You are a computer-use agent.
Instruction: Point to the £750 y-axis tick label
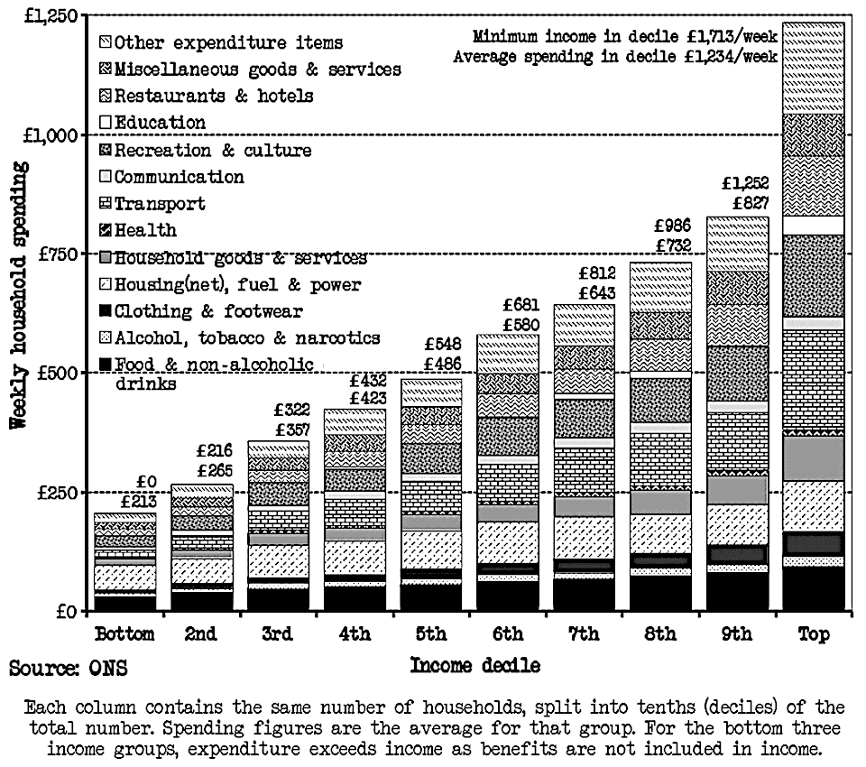click(57, 254)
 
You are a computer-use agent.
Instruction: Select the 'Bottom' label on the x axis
click(125, 633)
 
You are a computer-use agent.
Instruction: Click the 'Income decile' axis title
click(475, 667)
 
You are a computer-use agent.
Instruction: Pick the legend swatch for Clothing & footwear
click(105, 312)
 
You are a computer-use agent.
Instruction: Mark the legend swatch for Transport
click(105, 204)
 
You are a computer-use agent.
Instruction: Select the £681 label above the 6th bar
click(521, 305)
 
